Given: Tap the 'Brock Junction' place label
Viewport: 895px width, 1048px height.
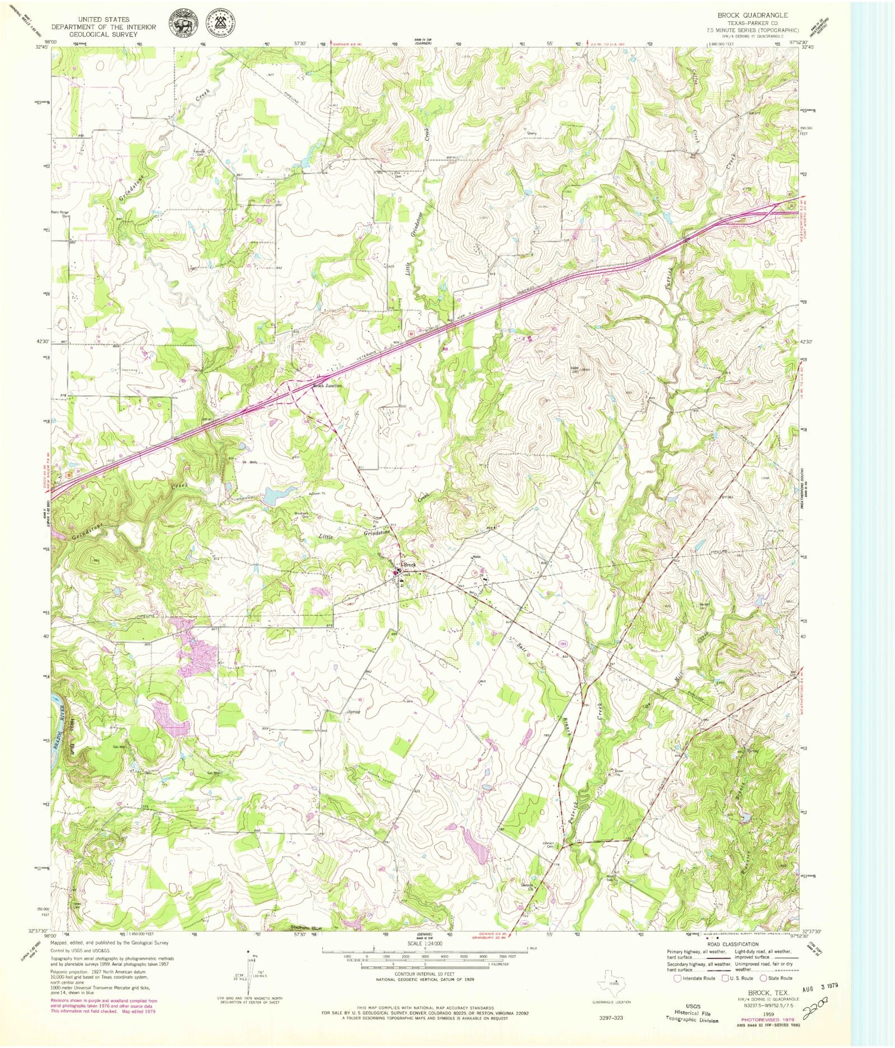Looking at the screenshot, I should tap(327, 386).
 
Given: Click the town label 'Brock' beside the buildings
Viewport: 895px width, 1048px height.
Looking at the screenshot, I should tap(410, 565).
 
